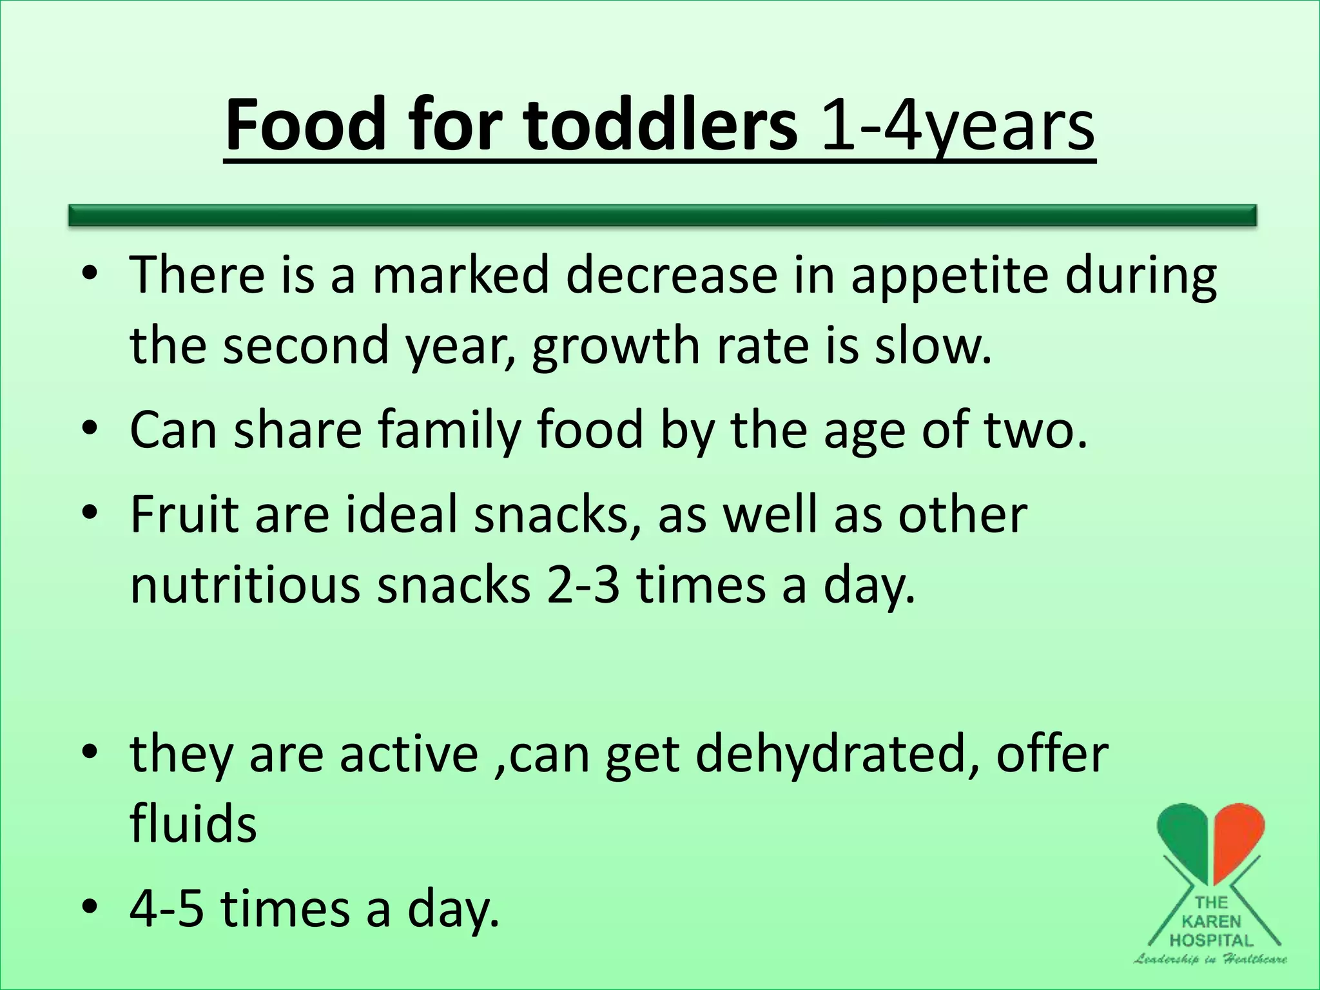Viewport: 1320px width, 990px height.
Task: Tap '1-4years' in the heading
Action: (x=958, y=126)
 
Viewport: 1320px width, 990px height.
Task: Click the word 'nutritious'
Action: (x=245, y=585)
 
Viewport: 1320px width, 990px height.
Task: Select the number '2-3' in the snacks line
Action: (x=583, y=585)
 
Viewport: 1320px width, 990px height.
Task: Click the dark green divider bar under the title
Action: (x=662, y=215)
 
